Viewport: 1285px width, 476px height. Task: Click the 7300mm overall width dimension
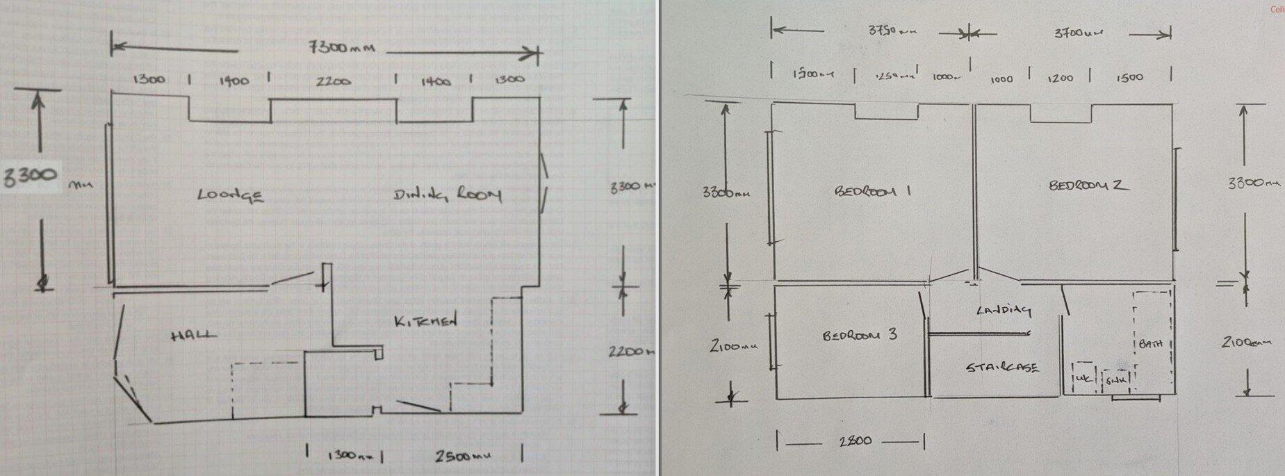tap(341, 48)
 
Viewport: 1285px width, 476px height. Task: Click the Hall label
tap(193, 336)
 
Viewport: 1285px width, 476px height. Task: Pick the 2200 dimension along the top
tap(333, 81)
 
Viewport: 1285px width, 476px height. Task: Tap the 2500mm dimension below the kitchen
tap(463, 457)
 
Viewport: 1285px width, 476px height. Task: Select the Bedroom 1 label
tap(872, 191)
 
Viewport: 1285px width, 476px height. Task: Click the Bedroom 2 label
tap(1088, 186)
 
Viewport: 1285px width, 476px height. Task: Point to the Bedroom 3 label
tap(860, 335)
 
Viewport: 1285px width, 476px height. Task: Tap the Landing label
tap(1003, 310)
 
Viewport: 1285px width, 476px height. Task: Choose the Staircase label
tap(1002, 367)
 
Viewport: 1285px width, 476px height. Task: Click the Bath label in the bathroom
tap(1151, 344)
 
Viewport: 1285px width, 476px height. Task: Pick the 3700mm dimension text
tap(1079, 32)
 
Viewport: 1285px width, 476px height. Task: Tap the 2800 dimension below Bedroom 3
tap(855, 441)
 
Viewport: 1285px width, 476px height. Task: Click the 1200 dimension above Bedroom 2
tap(1061, 79)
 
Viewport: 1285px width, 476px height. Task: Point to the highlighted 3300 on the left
tap(30, 177)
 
